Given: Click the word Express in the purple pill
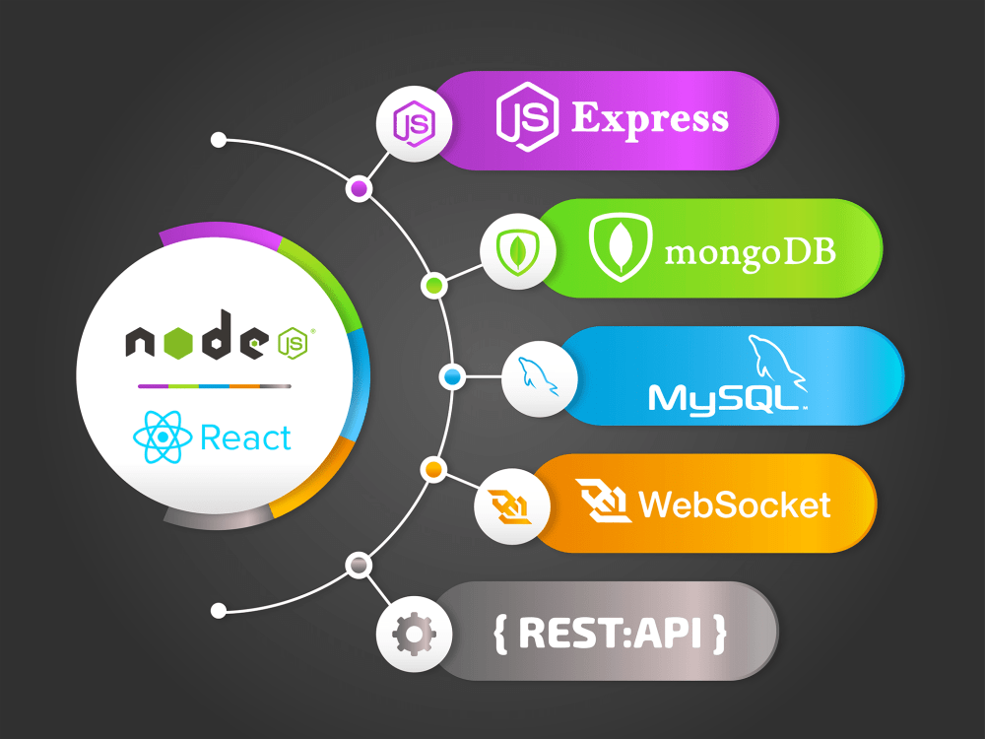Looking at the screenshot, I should [x=650, y=119].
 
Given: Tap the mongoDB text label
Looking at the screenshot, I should [x=751, y=251].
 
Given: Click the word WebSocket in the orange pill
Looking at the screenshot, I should [x=735, y=504].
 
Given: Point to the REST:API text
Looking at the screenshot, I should [x=610, y=633].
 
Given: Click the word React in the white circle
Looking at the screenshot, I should [x=245, y=437].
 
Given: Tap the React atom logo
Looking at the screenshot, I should [x=162, y=437].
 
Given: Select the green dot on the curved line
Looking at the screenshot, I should [x=432, y=286].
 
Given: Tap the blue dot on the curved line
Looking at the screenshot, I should [x=453, y=376].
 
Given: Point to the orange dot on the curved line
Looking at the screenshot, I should [x=432, y=469].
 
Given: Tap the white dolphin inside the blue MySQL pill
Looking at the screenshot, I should [x=775, y=361].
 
